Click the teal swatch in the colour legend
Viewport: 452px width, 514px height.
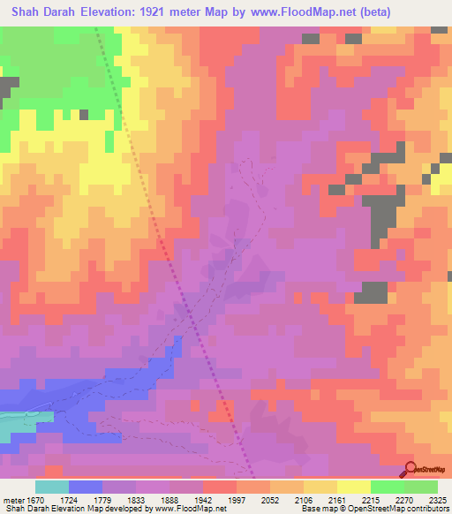51,487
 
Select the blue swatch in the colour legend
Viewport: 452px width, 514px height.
85,487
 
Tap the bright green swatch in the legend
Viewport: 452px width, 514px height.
387,487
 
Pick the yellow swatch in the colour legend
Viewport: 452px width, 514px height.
353,487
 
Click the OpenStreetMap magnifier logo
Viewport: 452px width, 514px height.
411,469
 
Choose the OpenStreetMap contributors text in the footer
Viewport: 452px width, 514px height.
406,509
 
